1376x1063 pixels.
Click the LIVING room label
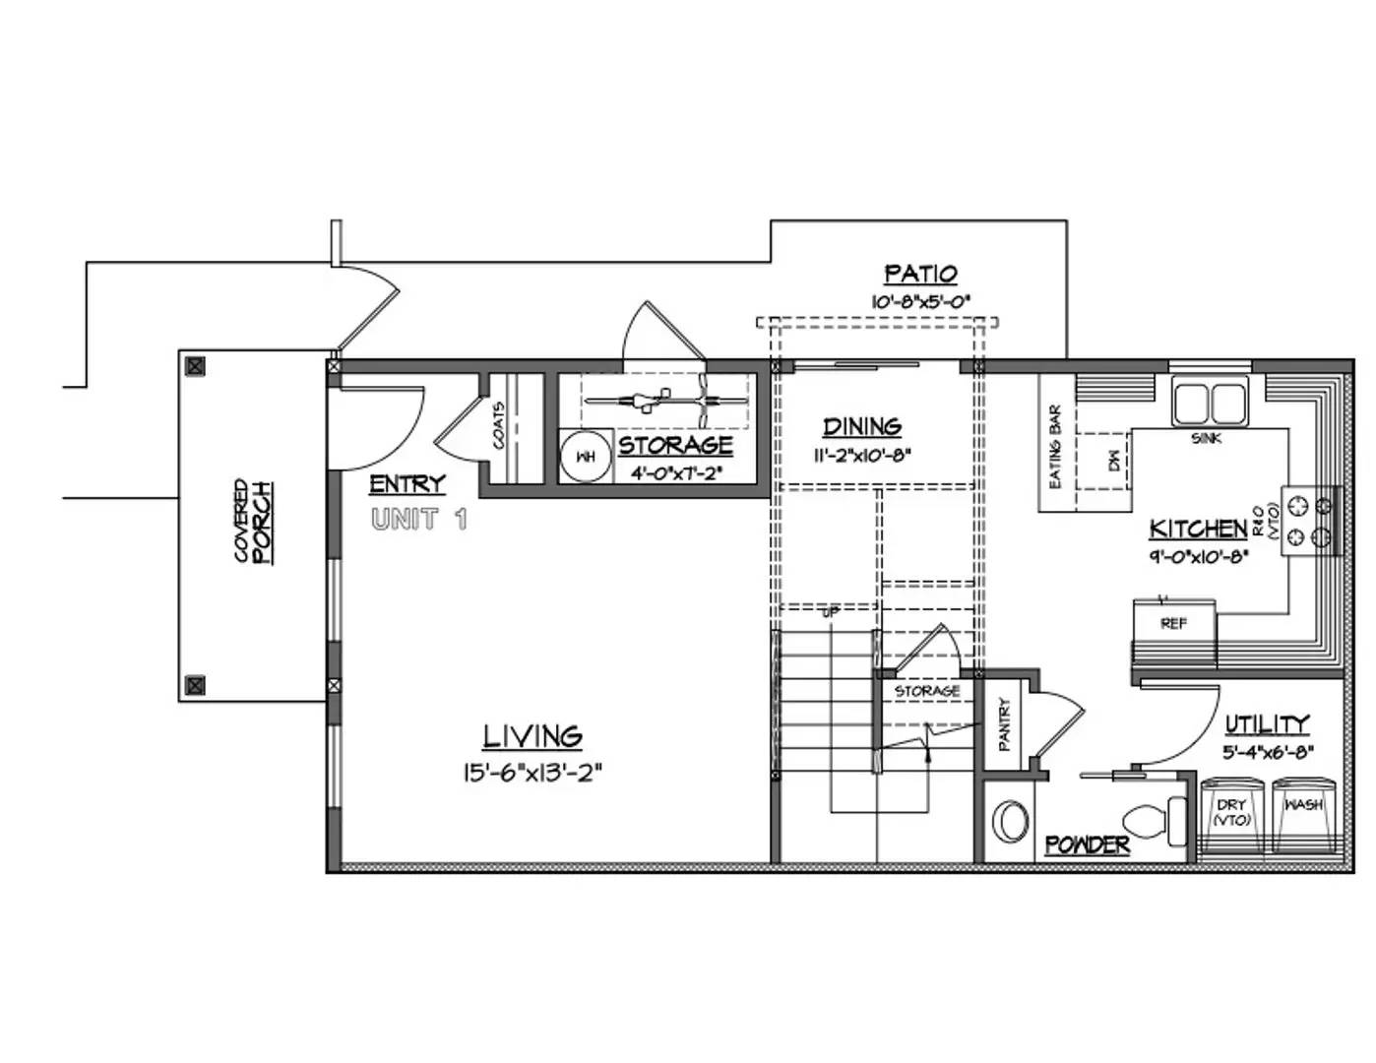532,736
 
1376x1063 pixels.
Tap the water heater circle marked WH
585,457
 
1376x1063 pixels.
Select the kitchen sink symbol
1209,403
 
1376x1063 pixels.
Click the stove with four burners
1310,522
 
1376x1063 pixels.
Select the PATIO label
920,274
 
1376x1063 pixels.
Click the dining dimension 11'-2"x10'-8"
862,456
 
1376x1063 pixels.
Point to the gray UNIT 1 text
419,520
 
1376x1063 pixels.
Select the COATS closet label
499,425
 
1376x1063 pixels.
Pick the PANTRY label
1005,724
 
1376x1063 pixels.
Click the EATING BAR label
1056,448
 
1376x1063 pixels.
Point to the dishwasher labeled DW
1114,460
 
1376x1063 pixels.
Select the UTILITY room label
1267,725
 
